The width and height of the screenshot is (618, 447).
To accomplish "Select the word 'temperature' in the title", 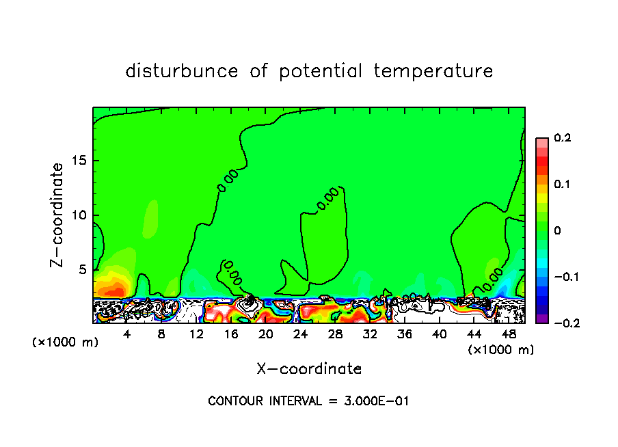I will point(433,71).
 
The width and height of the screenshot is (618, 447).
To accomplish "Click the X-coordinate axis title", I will point(309,369).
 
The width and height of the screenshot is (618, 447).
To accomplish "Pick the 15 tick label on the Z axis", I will point(80,161).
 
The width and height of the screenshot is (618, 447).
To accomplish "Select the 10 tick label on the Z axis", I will point(80,215).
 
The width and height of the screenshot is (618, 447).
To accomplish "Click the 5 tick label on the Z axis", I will point(83,270).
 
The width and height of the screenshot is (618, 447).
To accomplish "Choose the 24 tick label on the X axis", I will point(300,335).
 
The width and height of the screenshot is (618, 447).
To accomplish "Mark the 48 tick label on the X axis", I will point(509,335).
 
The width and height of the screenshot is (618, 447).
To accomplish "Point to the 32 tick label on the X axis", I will point(370,335).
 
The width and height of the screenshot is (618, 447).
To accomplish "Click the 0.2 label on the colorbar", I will point(562,138).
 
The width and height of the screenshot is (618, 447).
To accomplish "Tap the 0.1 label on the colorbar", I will point(562,184).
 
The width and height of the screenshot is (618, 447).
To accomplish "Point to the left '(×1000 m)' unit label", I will point(66,342).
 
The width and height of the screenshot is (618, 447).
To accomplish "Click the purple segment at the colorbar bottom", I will point(542,319).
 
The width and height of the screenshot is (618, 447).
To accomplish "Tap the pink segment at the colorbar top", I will point(542,142).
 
